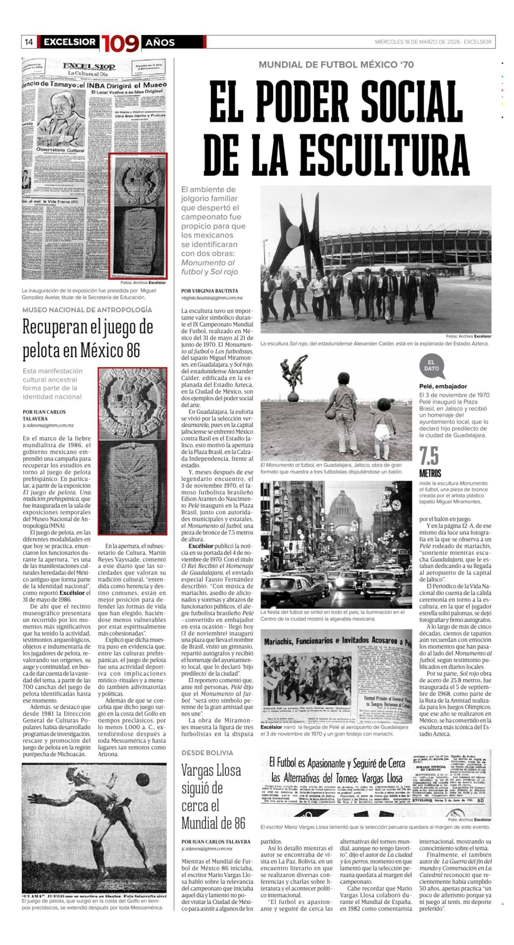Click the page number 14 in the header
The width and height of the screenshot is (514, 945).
click(x=29, y=42)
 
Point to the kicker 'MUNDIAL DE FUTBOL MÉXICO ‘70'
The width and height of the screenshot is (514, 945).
click(x=336, y=65)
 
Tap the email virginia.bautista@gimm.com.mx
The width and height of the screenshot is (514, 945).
click(x=212, y=298)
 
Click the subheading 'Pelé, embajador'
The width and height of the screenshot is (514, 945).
click(x=443, y=386)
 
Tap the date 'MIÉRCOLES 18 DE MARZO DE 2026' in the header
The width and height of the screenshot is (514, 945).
click(x=417, y=42)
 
